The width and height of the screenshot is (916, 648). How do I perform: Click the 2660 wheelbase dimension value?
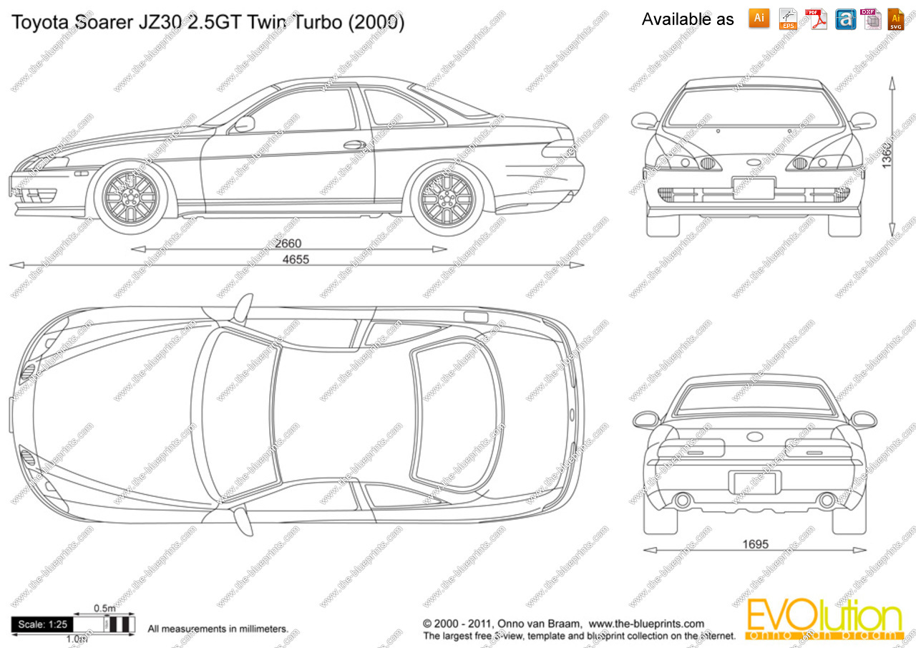288,244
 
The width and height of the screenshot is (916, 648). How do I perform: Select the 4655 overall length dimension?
296,260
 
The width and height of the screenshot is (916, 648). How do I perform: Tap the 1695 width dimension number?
755,545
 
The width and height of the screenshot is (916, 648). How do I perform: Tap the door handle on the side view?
354,145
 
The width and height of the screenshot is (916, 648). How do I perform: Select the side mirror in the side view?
244,124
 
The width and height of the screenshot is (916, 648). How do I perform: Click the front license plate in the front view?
754,188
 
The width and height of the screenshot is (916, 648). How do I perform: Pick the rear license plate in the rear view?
755,482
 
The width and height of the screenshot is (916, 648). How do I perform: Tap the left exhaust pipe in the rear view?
683,500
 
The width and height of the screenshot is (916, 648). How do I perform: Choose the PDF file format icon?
815,19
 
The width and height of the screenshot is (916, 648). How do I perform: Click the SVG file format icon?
895,19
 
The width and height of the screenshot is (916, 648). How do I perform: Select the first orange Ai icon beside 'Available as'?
759,19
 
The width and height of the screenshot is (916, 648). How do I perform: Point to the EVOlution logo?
823,620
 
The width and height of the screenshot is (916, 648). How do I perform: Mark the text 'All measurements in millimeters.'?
218,629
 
